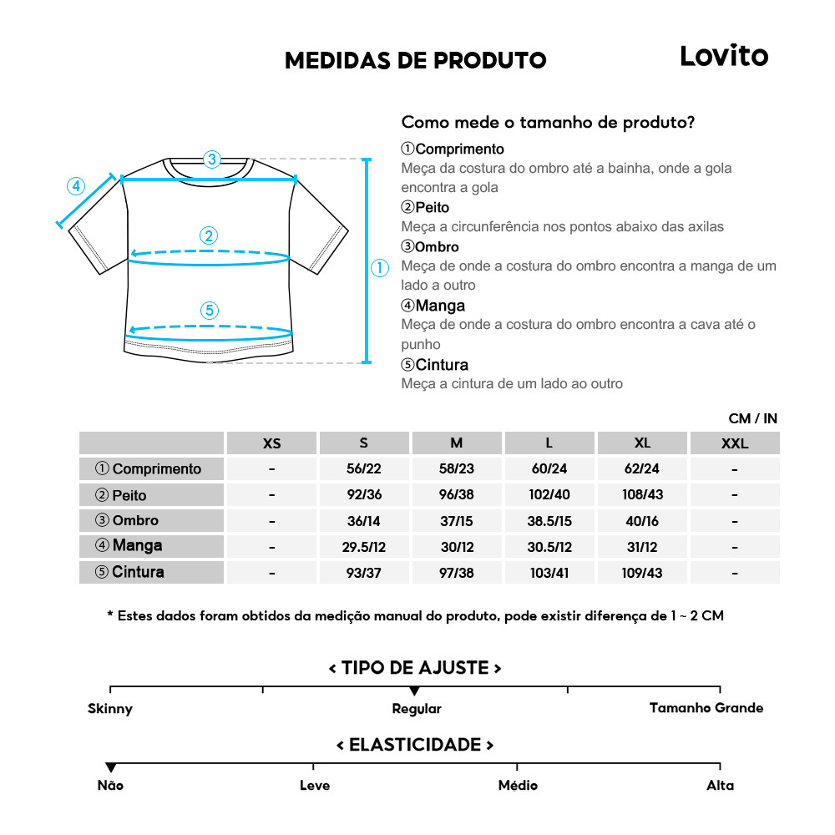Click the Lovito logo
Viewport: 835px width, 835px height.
(x=723, y=56)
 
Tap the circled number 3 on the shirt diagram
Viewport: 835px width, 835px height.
(x=211, y=159)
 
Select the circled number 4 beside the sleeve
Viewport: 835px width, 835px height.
(x=76, y=186)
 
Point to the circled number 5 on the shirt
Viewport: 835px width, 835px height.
(x=210, y=311)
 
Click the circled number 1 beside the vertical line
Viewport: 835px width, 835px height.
(x=380, y=268)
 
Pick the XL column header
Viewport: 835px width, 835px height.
(x=642, y=443)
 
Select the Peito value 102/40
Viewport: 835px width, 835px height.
(x=549, y=494)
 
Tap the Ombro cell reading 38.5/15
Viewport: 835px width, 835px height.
(x=549, y=521)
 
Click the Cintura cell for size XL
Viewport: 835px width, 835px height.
(x=642, y=573)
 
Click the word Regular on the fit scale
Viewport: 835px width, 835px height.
(x=417, y=709)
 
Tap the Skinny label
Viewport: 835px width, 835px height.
(x=110, y=709)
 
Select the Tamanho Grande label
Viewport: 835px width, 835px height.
(x=706, y=708)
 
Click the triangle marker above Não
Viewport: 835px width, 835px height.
(x=110, y=767)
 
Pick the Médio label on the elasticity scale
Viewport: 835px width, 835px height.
(x=518, y=785)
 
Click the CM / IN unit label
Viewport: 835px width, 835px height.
(x=752, y=418)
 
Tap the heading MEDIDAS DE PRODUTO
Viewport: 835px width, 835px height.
(x=416, y=61)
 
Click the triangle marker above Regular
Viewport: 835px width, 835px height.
(x=414, y=691)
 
